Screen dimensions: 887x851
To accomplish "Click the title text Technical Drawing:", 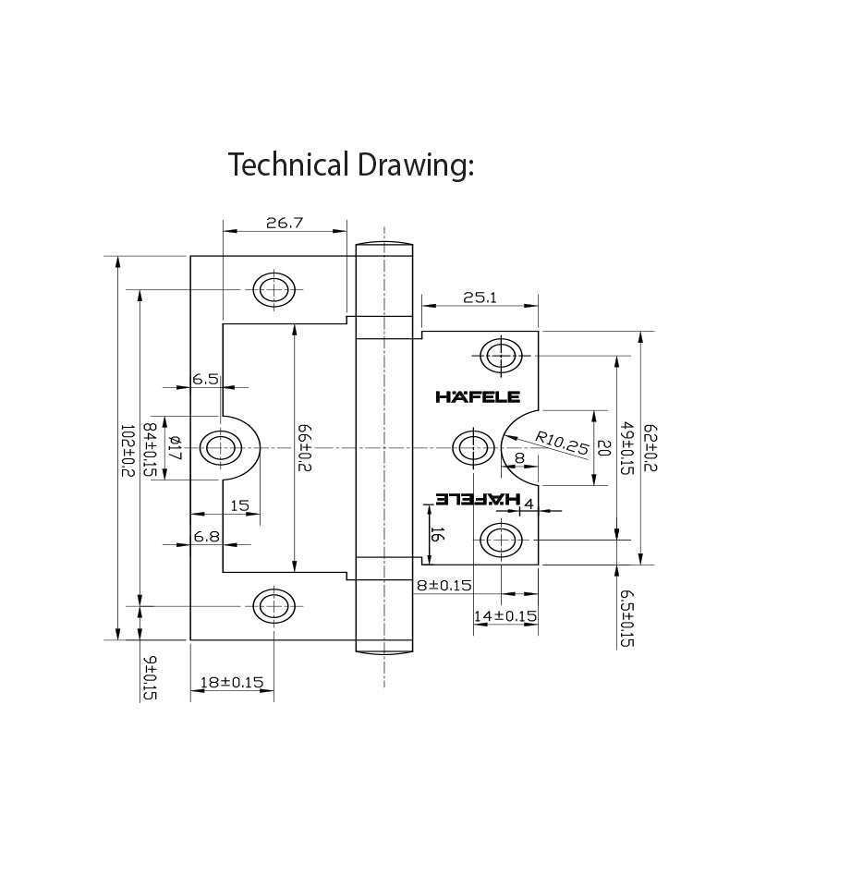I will click(350, 164).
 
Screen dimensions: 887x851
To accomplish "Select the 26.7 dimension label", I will click(285, 223).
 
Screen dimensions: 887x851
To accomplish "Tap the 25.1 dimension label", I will click(480, 298).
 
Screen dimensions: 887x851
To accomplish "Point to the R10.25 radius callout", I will click(561, 443).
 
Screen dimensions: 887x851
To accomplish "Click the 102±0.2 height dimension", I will click(127, 450).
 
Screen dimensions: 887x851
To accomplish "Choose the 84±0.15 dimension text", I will click(149, 450).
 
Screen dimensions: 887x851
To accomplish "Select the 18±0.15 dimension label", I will click(232, 683).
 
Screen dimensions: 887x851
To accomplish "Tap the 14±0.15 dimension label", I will click(505, 616).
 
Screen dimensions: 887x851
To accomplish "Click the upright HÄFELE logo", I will click(478, 397).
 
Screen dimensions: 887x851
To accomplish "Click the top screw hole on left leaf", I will click(274, 289).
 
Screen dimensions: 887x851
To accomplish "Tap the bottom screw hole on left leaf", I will click(274, 606).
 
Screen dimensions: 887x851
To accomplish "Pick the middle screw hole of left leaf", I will click(221, 448).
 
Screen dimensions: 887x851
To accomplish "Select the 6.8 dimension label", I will click(205, 536).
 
